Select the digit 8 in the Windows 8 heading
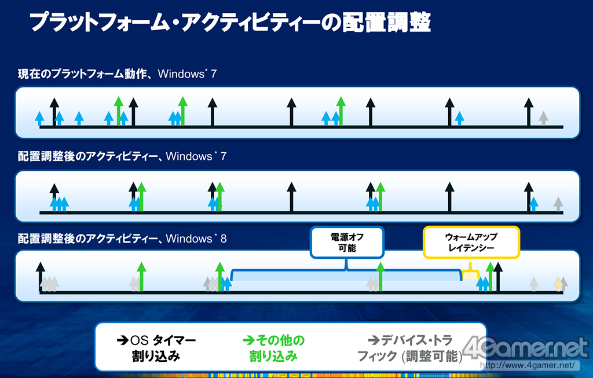[224, 238]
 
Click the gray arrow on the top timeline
[543, 118]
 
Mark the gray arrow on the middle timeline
[558, 204]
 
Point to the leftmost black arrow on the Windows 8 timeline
[41, 277]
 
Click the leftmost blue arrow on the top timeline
[39, 118]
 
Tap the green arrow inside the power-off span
[380, 277]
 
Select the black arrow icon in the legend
[123, 340]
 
